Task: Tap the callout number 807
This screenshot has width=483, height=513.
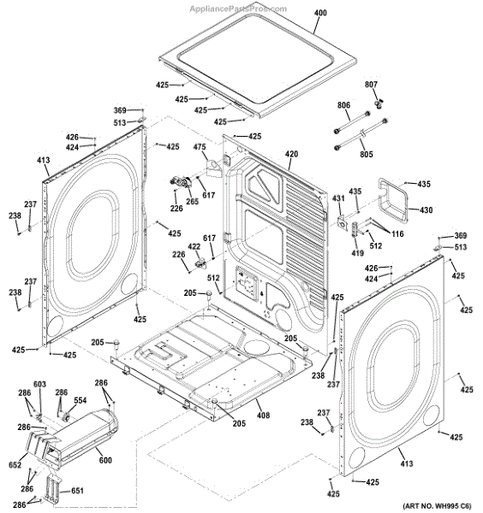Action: click(372, 85)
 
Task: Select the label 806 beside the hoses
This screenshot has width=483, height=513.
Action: click(343, 105)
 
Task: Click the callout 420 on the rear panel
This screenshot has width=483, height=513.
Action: click(291, 155)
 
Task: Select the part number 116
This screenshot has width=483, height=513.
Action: click(397, 234)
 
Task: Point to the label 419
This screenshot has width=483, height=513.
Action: click(358, 253)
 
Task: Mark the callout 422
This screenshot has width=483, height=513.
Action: click(194, 246)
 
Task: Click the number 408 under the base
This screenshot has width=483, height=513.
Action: click(263, 416)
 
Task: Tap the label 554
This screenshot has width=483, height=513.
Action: click(80, 401)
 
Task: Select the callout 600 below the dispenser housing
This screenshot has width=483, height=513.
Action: click(104, 462)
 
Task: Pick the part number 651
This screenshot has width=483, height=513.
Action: click(77, 491)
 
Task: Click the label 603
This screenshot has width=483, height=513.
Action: click(39, 385)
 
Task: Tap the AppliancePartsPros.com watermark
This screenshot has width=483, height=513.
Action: click(241, 5)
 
